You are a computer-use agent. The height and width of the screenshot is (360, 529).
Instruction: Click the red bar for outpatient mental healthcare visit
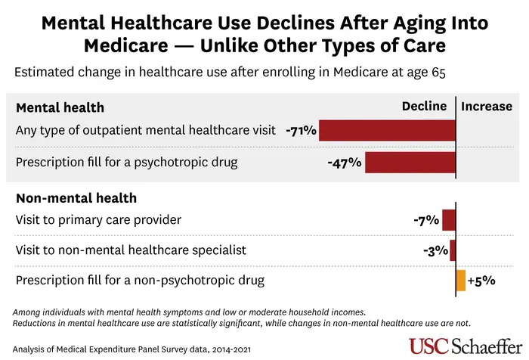(x=387, y=130)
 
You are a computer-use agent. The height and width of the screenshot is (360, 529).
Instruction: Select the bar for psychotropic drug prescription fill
(x=410, y=163)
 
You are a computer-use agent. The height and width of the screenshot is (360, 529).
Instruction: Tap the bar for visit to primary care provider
(x=449, y=220)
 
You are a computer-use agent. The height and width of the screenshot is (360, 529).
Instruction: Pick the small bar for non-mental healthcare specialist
(x=453, y=250)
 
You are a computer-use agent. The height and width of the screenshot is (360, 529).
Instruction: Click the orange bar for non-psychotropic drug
(x=460, y=280)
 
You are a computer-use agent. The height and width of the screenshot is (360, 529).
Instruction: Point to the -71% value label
(x=301, y=130)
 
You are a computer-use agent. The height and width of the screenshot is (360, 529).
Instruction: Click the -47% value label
(x=345, y=163)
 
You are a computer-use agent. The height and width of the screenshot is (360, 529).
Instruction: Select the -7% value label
(x=426, y=220)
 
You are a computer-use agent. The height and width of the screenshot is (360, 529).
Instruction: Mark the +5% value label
(x=481, y=280)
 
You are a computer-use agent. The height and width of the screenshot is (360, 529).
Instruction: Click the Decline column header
(x=424, y=107)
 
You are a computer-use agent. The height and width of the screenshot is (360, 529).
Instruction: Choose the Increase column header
(x=487, y=107)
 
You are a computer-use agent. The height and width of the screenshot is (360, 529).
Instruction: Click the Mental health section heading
(x=60, y=107)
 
